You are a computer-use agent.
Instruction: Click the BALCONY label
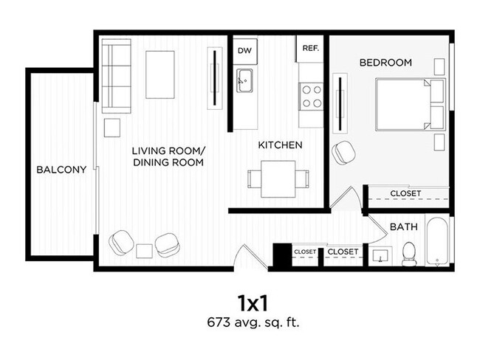pos(61,170)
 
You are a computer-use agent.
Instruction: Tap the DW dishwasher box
pos(243,51)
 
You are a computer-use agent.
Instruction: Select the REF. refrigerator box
pos(309,49)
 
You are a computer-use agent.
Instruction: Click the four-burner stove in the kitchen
pos(312,94)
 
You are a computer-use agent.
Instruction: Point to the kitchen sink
pos(244,80)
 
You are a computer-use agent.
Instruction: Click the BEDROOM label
pos(385,63)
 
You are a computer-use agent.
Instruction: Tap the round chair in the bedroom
pos(343,153)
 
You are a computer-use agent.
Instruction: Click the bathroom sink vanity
pos(382,256)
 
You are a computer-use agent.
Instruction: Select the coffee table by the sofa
pos(160,74)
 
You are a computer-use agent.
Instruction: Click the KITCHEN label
pos(280,145)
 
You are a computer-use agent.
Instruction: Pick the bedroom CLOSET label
pos(405,193)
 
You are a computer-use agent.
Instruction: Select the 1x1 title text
pos(252,302)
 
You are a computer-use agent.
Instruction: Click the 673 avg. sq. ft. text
pos(252,322)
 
